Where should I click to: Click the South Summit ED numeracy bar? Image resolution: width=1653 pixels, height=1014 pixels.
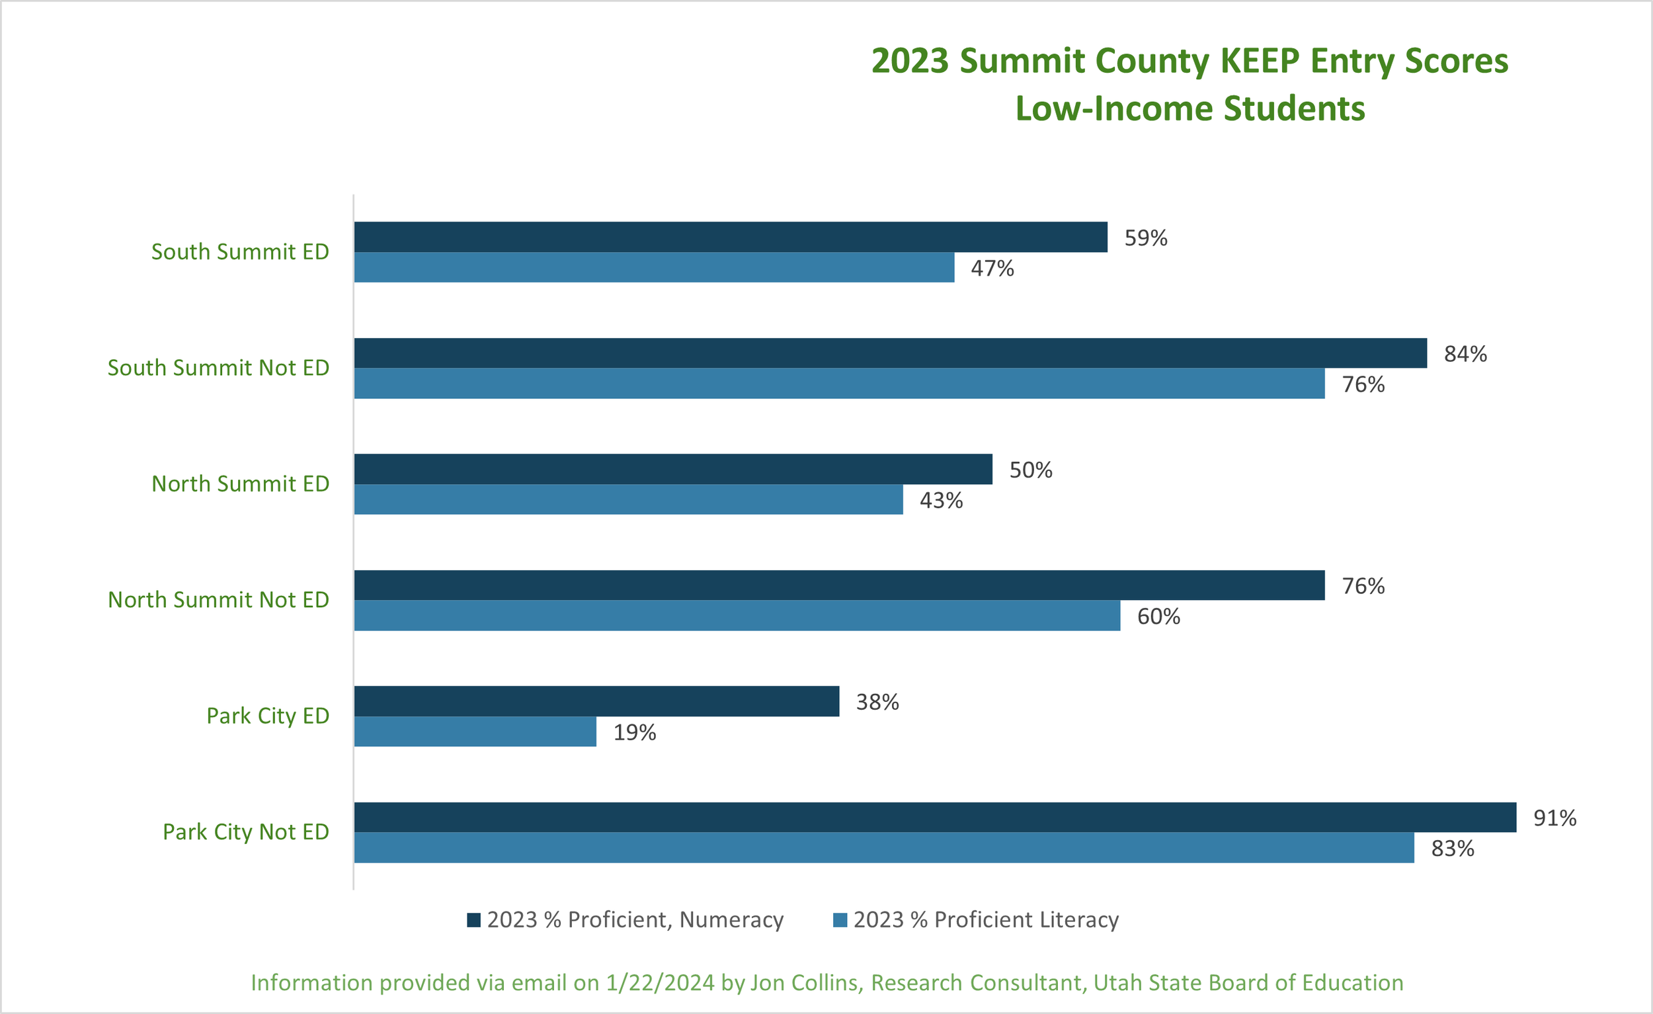pyautogui.click(x=731, y=237)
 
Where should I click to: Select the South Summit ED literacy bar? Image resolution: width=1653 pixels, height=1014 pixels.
pyautogui.click(x=654, y=267)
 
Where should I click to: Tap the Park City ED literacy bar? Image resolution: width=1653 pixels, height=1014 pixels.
pyautogui.click(x=475, y=732)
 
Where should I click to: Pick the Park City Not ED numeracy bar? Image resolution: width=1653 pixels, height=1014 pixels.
pyautogui.click(x=935, y=817)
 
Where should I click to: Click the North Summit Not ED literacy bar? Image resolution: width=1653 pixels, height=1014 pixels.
pyautogui.click(x=737, y=615)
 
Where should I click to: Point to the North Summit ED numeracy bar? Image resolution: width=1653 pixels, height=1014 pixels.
pyautogui.click(x=673, y=469)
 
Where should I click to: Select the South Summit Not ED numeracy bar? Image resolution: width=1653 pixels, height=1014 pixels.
pyautogui.click(x=890, y=353)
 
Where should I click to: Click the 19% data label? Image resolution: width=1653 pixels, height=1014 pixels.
pyautogui.click(x=635, y=732)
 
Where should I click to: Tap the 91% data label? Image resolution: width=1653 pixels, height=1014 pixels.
pyautogui.click(x=1554, y=818)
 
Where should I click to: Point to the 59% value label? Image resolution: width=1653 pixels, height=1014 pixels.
pyautogui.click(x=1146, y=238)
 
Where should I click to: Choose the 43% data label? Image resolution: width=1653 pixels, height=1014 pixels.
pyautogui.click(x=941, y=501)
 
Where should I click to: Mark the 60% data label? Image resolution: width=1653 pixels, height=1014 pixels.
pyautogui.click(x=1158, y=616)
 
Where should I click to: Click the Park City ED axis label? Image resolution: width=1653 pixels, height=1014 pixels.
pyautogui.click(x=268, y=716)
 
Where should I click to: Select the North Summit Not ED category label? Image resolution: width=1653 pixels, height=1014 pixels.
pyautogui.click(x=219, y=600)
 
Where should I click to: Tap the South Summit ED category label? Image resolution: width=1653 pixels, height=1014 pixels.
pyautogui.click(x=240, y=251)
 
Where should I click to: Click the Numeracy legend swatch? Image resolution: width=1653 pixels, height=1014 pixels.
pyautogui.click(x=473, y=920)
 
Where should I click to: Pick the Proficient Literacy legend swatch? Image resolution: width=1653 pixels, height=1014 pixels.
pyautogui.click(x=840, y=920)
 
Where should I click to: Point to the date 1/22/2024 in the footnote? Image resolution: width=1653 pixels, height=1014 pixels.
pyautogui.click(x=660, y=982)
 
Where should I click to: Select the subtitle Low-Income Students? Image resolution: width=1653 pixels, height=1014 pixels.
pyautogui.click(x=1190, y=108)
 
